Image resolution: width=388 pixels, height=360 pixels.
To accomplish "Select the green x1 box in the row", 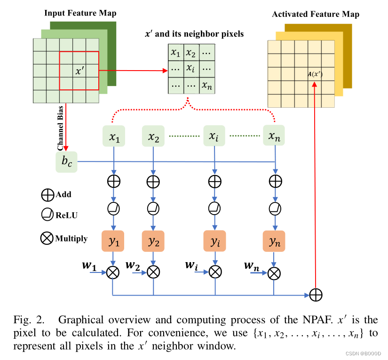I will [114, 136].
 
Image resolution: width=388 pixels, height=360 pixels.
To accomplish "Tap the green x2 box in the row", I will [153, 136].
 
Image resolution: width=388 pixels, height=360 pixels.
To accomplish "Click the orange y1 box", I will [113, 241].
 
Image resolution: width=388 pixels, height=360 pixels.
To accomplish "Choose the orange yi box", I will [215, 241].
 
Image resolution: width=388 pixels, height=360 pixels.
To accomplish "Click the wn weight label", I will [252, 266].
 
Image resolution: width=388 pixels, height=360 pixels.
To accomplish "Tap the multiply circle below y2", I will [153, 272].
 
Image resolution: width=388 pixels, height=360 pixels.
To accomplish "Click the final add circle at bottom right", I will [316, 295].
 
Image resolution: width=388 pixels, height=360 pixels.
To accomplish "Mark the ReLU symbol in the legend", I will [47, 215].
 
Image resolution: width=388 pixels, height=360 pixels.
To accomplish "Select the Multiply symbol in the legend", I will [47, 238].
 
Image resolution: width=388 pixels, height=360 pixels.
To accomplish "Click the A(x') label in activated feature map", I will [315, 74].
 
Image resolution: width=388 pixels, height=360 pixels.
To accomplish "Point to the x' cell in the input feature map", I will [79, 72].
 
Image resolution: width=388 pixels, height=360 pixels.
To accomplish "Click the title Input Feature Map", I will [80, 13].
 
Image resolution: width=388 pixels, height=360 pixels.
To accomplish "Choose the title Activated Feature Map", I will [316, 14].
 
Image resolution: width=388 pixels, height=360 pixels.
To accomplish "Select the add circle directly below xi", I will [215, 180].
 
